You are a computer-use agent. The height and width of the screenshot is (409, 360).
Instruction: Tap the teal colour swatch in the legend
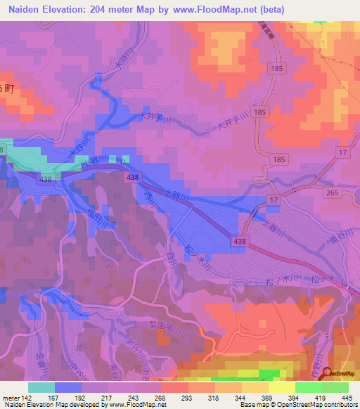[x=41, y=387]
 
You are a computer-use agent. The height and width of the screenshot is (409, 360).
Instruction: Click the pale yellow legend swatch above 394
[x=282, y=387]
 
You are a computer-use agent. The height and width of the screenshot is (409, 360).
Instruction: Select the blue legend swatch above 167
[x=68, y=387]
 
